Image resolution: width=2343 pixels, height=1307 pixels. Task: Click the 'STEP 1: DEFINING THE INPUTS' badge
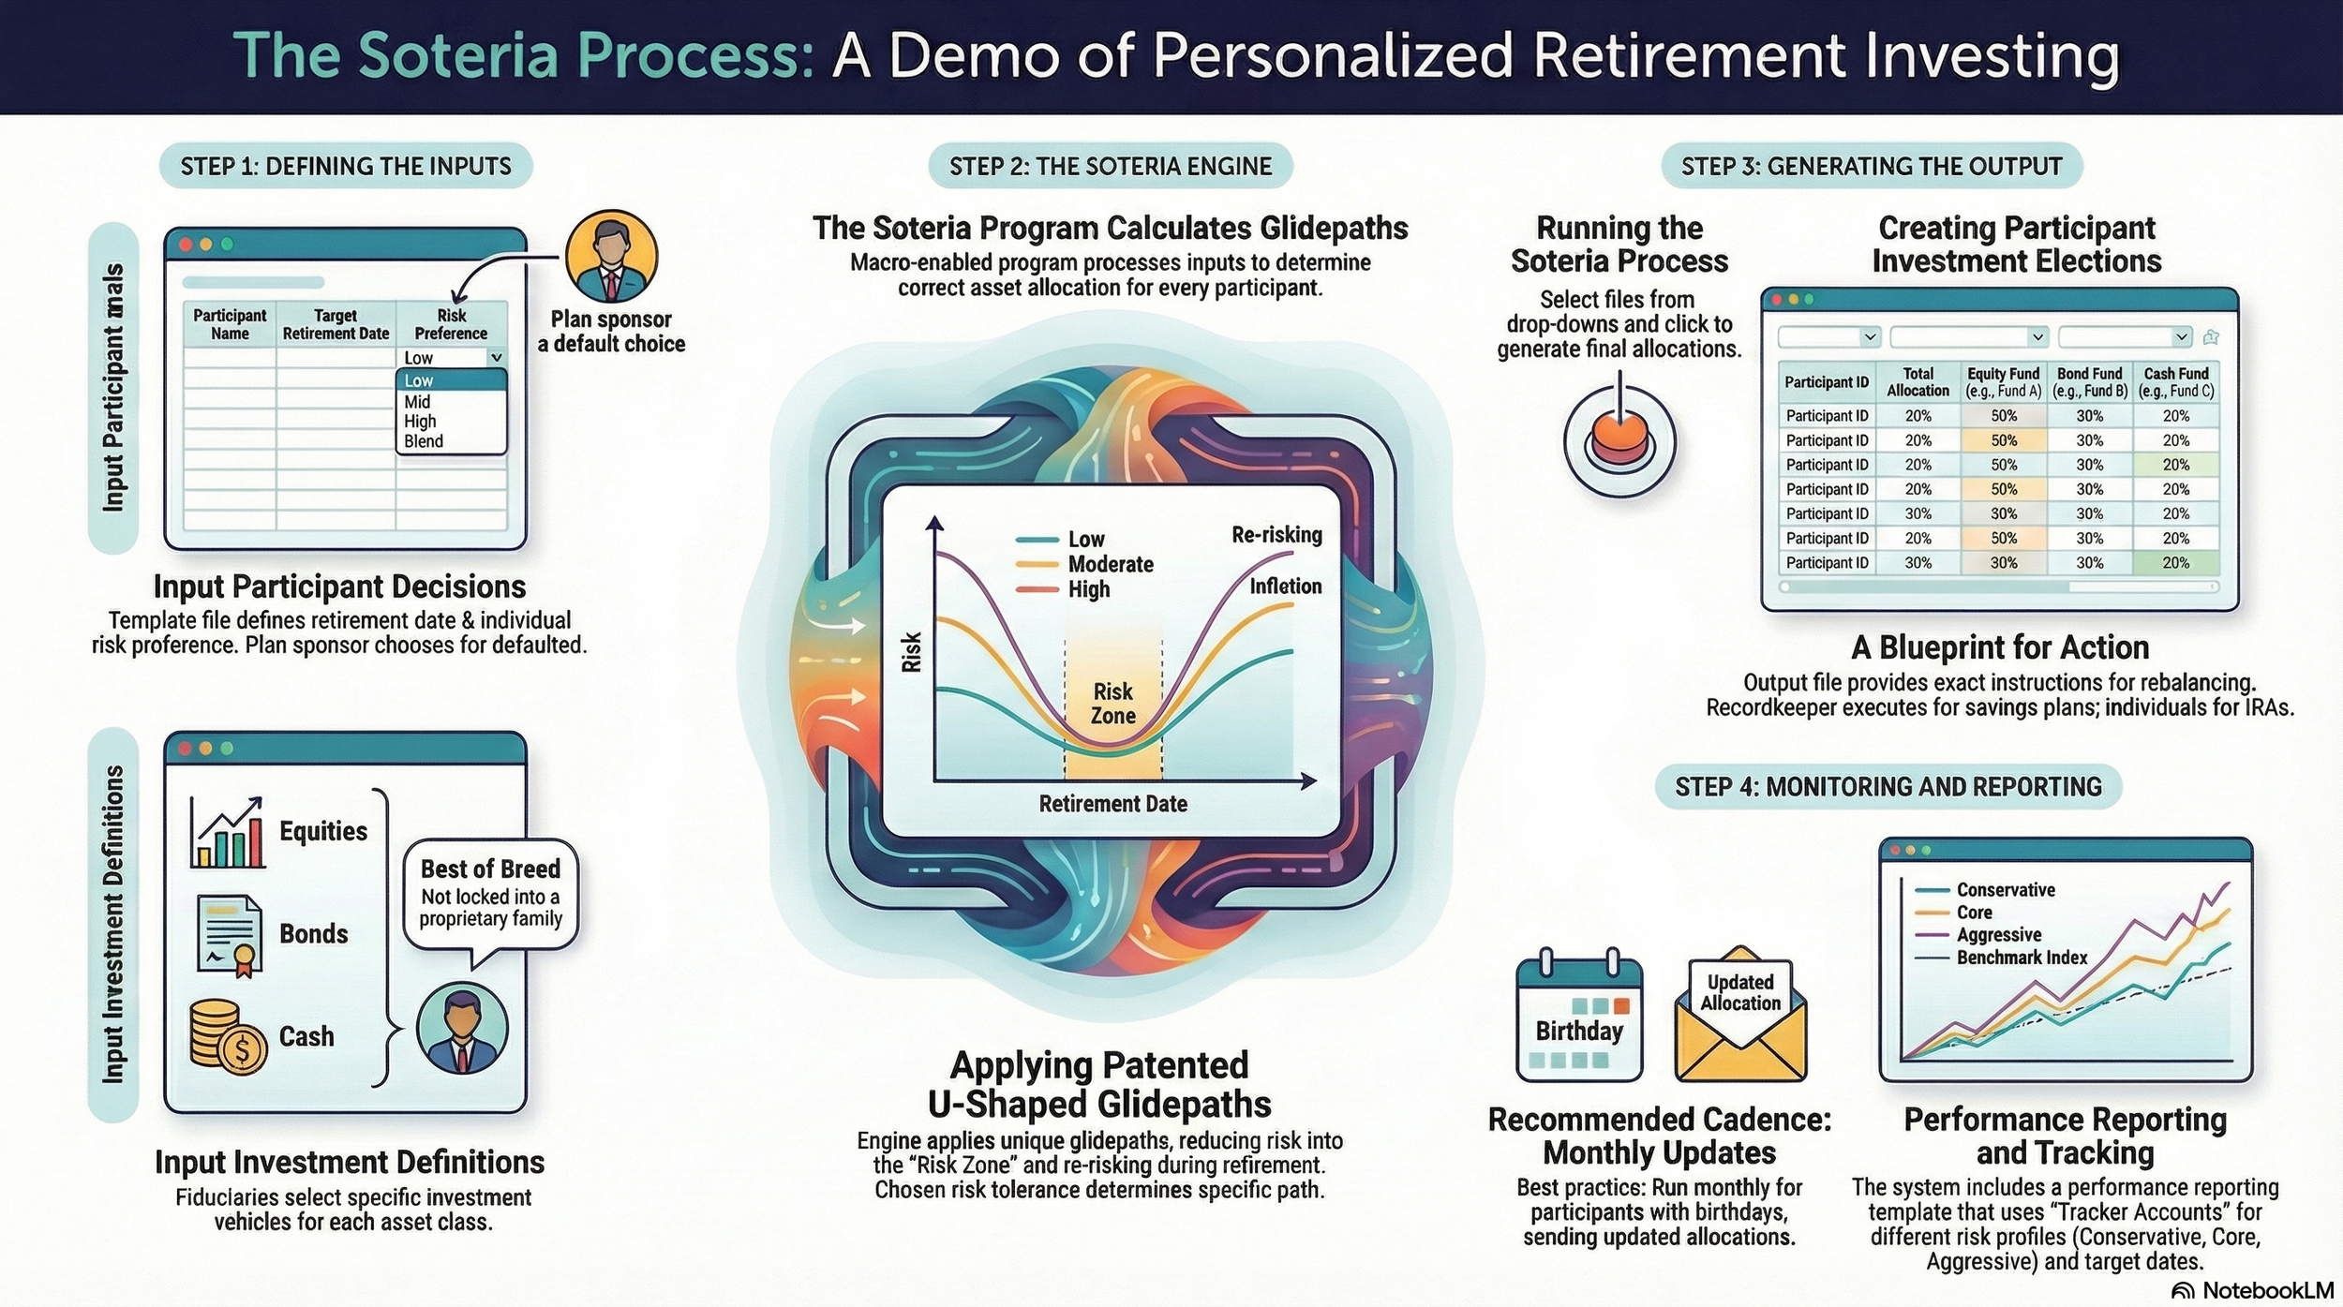(x=346, y=167)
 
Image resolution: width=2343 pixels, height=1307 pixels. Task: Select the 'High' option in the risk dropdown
(x=420, y=422)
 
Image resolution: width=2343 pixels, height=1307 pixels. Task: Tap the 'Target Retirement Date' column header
(x=336, y=324)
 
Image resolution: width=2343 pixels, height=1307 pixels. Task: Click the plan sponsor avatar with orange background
(x=611, y=256)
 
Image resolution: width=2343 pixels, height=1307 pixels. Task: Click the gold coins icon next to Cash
(x=228, y=1035)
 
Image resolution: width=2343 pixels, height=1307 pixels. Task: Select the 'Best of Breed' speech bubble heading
(x=490, y=869)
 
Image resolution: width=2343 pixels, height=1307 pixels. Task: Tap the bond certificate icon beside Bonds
(x=229, y=935)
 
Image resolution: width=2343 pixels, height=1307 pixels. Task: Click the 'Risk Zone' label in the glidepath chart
(x=1112, y=704)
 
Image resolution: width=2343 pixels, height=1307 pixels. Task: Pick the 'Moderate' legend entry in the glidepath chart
(x=1110, y=564)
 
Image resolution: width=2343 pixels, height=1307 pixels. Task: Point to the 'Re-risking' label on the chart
(x=1276, y=535)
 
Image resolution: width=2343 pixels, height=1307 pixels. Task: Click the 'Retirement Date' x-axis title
(x=1112, y=804)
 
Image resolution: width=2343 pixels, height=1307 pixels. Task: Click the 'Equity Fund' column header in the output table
(x=2003, y=382)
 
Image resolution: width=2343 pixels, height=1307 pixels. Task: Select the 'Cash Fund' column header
(x=2176, y=382)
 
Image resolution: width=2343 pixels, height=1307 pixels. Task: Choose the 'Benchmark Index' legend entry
(x=2021, y=958)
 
